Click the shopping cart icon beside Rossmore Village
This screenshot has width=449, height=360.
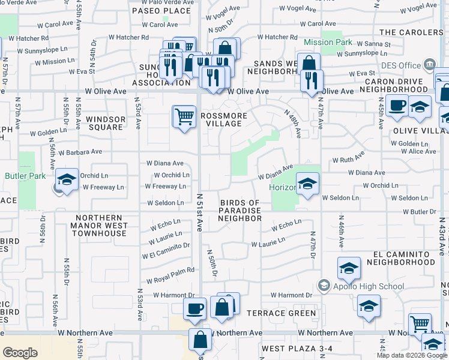(184, 116)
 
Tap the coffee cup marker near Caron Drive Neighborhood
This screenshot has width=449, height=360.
(397, 106)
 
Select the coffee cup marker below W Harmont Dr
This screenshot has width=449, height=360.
(194, 310)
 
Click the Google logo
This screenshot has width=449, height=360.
(20, 353)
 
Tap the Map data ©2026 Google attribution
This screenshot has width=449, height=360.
(411, 355)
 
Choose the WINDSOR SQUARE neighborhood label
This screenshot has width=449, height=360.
(106, 123)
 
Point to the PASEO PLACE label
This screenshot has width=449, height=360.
(161, 11)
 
